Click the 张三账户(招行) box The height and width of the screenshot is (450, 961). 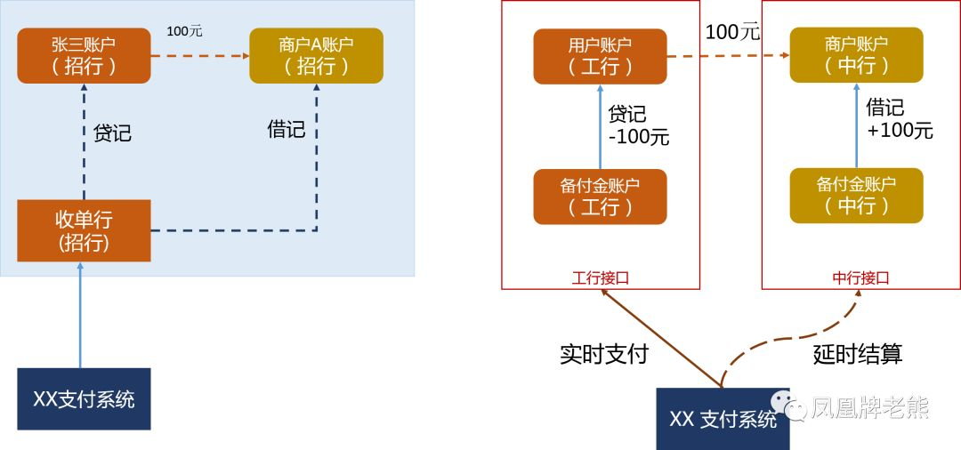(84, 55)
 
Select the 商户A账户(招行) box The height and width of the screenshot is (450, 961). (316, 55)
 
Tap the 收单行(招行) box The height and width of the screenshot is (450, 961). (85, 231)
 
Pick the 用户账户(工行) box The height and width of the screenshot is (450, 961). (600, 55)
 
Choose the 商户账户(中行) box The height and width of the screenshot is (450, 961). (856, 55)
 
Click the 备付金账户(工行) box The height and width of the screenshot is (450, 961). (600, 196)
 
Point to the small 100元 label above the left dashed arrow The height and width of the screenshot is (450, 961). (184, 31)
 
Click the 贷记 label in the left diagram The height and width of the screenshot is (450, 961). (112, 133)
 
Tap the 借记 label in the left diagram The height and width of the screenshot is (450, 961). (287, 130)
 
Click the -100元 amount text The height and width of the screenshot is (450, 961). (638, 138)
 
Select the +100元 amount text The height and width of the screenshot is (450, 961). (900, 131)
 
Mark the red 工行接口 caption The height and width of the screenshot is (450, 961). (600, 277)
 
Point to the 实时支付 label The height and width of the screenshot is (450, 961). (604, 354)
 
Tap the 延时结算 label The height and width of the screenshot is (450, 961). (858, 354)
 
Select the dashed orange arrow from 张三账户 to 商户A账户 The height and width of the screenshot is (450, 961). (199, 55)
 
